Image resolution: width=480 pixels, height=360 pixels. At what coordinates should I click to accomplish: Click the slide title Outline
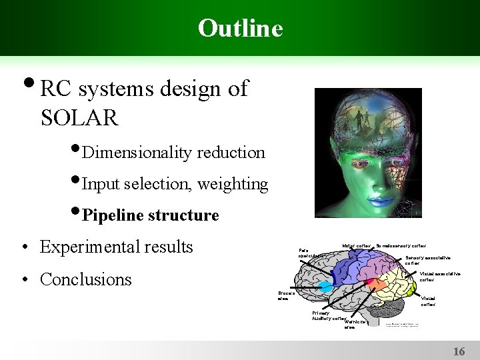tap(240, 28)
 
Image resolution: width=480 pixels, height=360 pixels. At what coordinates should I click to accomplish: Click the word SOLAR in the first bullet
tap(79, 118)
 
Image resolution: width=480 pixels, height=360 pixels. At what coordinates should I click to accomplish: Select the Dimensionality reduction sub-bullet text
tap(174, 153)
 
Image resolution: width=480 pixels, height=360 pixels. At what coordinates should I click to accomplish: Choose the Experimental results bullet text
tap(116, 247)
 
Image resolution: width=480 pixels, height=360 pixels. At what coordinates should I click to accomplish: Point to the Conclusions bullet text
tap(86, 279)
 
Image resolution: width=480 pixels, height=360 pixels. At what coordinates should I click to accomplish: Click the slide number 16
tap(459, 351)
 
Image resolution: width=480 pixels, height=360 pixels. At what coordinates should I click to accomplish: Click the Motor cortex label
tap(356, 246)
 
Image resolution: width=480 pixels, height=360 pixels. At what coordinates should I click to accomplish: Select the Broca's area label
tap(287, 296)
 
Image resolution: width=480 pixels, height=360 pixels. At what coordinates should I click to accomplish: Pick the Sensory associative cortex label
tap(428, 260)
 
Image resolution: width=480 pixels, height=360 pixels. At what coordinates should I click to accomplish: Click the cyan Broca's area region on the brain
tap(325, 287)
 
